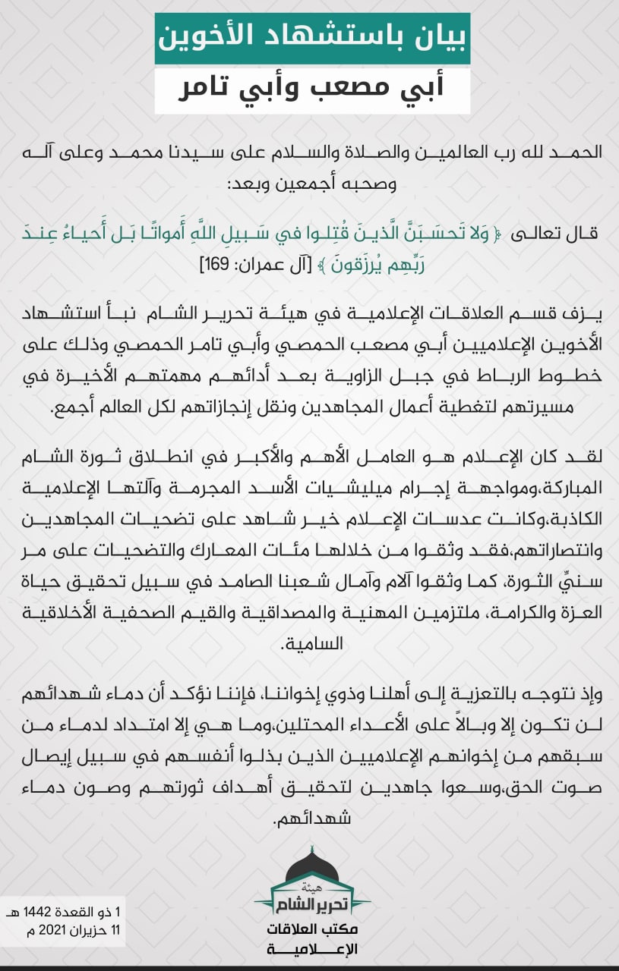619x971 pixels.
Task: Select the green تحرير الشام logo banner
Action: coord(311,901)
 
